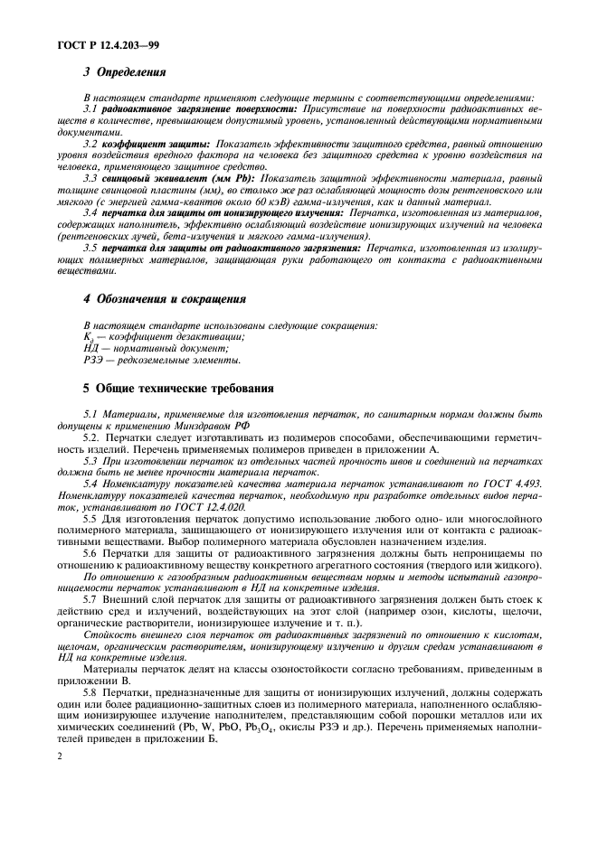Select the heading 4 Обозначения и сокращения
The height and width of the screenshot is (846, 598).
click(166, 297)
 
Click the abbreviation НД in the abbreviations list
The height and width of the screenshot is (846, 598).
click(90, 347)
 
